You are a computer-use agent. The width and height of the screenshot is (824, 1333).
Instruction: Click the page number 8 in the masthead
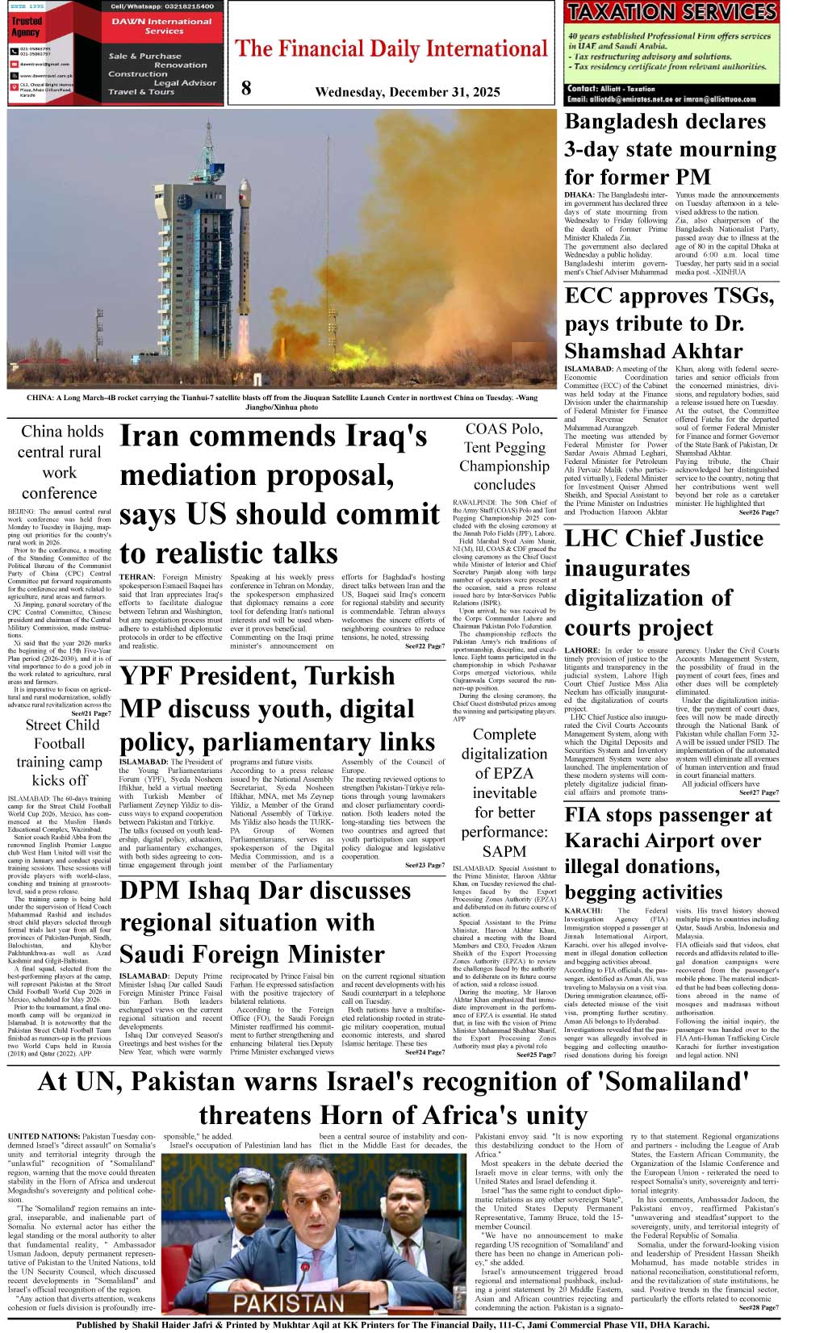(x=245, y=89)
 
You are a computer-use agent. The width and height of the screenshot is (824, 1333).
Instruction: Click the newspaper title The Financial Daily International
(x=391, y=49)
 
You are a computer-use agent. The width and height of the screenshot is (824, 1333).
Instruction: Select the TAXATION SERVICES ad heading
(x=671, y=12)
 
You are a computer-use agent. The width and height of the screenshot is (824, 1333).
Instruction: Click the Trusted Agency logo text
(x=27, y=27)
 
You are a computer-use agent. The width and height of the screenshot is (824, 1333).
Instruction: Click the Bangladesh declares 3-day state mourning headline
(x=670, y=148)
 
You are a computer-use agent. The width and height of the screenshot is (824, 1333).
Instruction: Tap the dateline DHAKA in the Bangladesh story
(x=579, y=195)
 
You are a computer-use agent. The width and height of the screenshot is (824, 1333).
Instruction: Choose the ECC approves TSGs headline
(x=669, y=323)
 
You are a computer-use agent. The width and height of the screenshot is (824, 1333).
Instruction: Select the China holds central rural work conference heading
(x=61, y=462)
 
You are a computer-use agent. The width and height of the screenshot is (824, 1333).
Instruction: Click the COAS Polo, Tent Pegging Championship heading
(x=504, y=457)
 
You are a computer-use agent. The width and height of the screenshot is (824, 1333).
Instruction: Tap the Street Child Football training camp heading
(x=61, y=752)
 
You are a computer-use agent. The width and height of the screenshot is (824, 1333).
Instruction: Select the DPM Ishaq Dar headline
(x=265, y=922)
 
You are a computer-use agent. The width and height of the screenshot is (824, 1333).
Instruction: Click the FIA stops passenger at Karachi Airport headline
(x=667, y=853)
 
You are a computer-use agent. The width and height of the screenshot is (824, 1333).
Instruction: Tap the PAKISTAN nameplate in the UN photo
(x=289, y=1303)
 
